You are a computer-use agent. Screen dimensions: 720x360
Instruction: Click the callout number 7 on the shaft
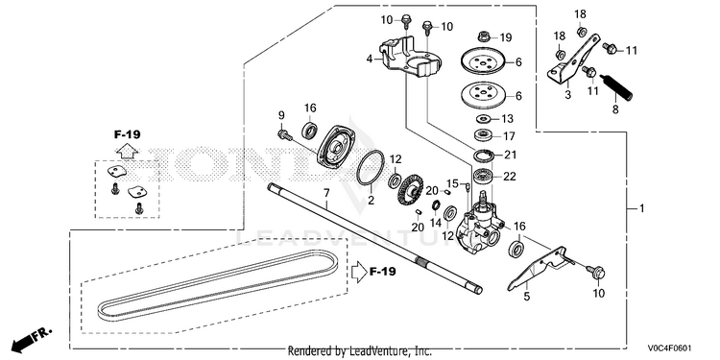[326, 192]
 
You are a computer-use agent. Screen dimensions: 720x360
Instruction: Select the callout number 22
[510, 176]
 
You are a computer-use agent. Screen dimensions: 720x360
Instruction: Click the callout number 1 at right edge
[642, 209]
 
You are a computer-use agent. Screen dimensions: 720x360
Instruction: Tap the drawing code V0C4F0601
[670, 348]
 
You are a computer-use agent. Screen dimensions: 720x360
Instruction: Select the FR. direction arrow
[32, 338]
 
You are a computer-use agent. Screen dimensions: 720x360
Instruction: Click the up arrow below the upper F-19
[127, 150]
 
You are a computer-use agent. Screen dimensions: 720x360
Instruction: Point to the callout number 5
[526, 297]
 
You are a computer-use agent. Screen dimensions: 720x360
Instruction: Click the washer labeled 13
[483, 119]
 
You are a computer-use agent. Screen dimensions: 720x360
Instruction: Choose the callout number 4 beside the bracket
[370, 59]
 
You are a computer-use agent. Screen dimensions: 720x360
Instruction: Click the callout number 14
[435, 223]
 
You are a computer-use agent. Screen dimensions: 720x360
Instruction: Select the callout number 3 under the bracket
[567, 95]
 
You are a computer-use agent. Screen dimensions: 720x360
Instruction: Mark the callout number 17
[509, 136]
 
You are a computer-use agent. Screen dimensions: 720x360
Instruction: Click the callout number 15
[453, 183]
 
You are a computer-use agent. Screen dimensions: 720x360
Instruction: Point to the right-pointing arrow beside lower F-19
[358, 272]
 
